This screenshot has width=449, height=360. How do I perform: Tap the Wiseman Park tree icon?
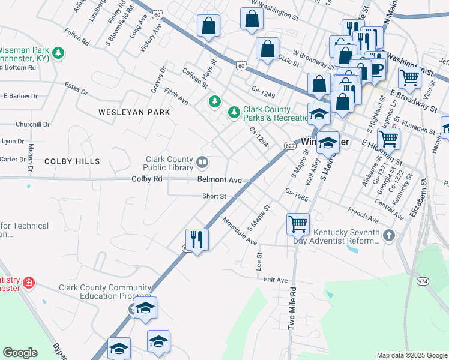tap(58, 53)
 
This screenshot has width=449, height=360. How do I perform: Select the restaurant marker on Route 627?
tap(197, 239)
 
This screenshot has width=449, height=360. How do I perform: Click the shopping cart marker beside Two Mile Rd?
tap(298, 224)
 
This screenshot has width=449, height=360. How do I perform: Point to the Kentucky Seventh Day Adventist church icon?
tap(389, 236)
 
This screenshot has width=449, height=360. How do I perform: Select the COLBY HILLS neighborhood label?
tap(71, 161)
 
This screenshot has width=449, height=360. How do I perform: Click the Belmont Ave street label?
tap(220, 180)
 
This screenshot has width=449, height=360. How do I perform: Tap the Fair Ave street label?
tap(276, 280)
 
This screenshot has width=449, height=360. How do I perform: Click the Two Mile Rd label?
tap(292, 307)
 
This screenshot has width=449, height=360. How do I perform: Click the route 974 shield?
tap(423, 280)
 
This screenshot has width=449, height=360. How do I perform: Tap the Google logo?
tap(20, 353)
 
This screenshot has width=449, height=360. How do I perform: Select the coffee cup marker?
tap(376, 68)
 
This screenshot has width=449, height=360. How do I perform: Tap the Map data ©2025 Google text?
tap(411, 355)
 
